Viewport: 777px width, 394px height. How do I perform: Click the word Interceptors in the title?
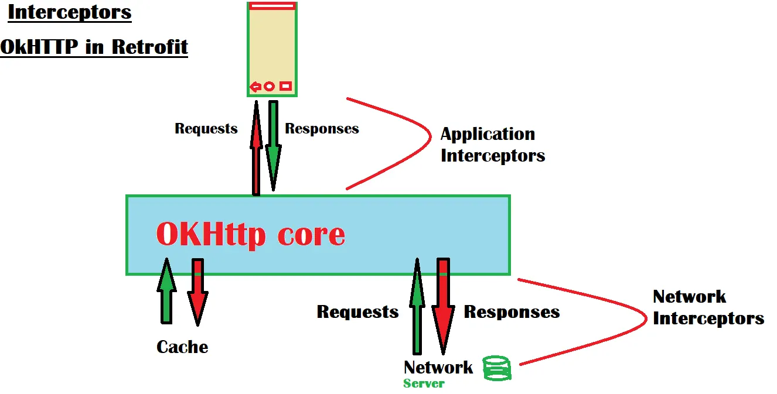[x=70, y=12]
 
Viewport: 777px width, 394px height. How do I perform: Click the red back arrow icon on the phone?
[x=255, y=87]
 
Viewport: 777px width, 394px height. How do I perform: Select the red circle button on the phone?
[x=270, y=87]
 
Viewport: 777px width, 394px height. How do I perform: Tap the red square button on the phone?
[x=285, y=87]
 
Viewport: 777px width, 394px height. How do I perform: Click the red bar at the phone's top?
[x=272, y=6]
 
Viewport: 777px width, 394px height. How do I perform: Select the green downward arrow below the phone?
[x=273, y=146]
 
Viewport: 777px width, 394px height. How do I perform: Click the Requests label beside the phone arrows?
[x=206, y=129]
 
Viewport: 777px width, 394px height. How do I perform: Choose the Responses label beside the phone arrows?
[x=322, y=129]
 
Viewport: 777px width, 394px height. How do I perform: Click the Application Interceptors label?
[x=492, y=145]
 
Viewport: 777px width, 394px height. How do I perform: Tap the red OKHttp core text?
[x=251, y=234]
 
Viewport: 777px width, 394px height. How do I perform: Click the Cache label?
[x=182, y=347]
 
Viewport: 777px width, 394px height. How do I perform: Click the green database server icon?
[x=497, y=368]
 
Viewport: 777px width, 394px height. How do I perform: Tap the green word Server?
[x=424, y=384]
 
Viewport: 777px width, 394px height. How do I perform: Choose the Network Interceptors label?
[x=708, y=307]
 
